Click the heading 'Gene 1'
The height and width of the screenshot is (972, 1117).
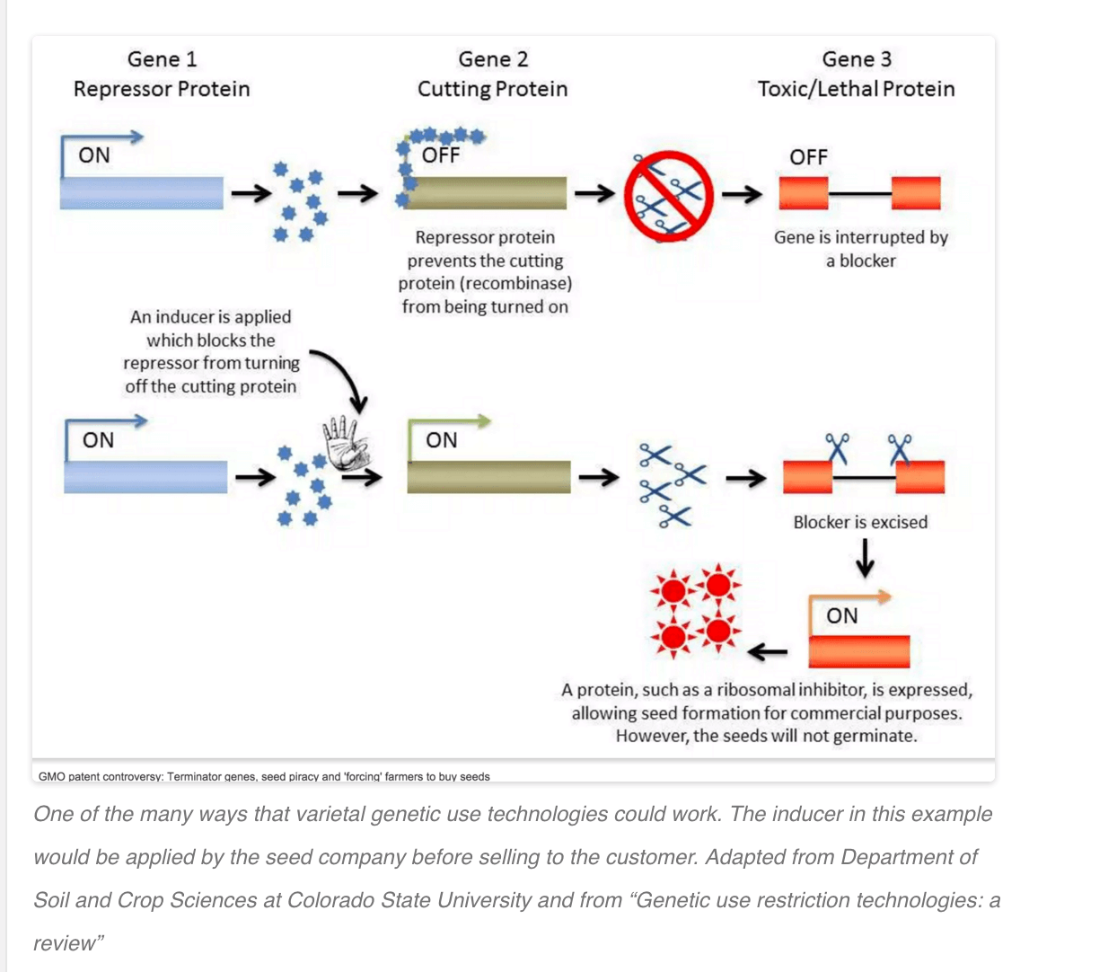[163, 59]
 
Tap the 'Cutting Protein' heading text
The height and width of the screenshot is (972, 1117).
[492, 89]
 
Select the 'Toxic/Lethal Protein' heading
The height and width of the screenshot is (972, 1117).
[856, 89]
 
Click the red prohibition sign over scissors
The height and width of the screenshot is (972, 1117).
[669, 196]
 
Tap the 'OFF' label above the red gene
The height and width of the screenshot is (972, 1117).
[808, 157]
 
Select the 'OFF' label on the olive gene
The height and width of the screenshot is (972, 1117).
[440, 155]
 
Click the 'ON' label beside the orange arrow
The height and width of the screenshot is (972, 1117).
[842, 616]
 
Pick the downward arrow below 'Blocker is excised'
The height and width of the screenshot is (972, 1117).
[865, 558]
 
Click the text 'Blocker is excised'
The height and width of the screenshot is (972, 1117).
[860, 522]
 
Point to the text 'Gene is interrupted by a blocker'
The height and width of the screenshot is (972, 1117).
[861, 249]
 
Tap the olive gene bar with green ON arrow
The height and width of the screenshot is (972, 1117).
[488, 477]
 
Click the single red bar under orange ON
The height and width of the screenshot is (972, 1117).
[858, 651]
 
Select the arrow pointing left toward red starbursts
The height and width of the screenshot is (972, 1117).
[767, 651]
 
